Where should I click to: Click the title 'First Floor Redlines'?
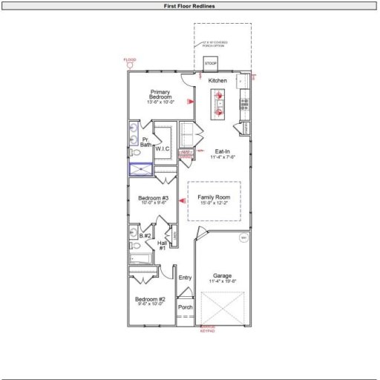pos(189,6)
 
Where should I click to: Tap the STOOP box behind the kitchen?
pos(211,64)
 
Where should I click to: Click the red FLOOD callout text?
pos(131,59)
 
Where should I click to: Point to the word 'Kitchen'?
pos(217,80)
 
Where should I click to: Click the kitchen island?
pos(220,103)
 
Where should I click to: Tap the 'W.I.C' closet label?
pos(163,148)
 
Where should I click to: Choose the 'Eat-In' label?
pos(222,154)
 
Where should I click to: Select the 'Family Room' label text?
pos(214,199)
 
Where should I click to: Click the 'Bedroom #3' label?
pos(154,200)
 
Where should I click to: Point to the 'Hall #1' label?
pos(162,244)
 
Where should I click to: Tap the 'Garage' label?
pos(223,277)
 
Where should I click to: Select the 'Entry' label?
pos(185,278)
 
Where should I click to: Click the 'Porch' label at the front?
pos(185,307)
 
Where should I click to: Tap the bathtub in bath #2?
pos(140,259)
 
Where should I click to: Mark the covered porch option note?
pos(215,44)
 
